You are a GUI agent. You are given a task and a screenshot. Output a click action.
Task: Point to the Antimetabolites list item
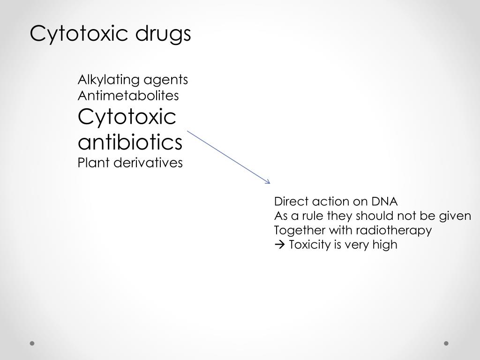[128, 96]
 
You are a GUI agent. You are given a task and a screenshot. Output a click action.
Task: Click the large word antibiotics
[130, 142]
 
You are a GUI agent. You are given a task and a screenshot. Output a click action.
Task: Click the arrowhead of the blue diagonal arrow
[269, 181]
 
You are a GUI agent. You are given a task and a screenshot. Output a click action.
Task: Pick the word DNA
[384, 202]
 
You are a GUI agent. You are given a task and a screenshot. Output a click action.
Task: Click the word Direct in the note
[289, 202]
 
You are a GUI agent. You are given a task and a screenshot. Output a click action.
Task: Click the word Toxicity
[310, 245]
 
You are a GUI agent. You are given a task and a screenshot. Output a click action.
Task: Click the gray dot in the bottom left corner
[32, 344]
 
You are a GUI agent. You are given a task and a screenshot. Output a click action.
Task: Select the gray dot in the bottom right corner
[446, 344]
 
